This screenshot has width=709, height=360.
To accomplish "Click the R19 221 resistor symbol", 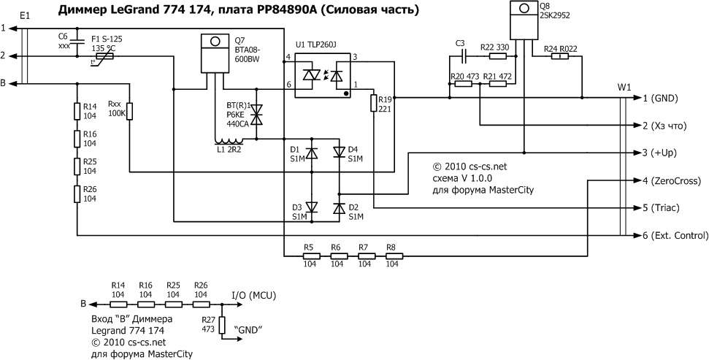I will click(373, 103).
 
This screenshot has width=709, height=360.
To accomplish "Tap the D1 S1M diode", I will click(311, 153).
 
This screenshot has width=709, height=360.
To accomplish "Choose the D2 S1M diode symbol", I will click(339, 208).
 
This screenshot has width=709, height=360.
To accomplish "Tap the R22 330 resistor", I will click(498, 56).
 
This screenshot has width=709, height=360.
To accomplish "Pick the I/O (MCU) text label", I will click(252, 294).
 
